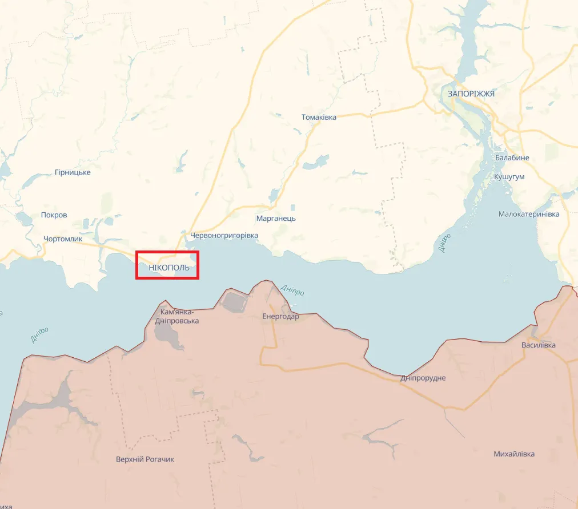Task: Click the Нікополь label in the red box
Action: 168,267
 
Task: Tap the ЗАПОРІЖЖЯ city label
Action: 471,94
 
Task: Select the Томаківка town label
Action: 319,117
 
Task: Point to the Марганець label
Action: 276,219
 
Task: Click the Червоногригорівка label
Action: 224,235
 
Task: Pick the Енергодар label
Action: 280,316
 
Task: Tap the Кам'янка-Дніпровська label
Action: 177,316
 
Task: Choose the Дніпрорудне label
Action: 423,378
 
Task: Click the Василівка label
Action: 538,345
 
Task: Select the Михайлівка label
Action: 514,454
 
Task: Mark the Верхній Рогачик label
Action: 145,459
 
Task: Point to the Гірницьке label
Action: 73,172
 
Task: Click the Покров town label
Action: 54,215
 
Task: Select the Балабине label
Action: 512,157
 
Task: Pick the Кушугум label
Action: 509,177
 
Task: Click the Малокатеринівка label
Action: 529,214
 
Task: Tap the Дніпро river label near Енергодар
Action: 294,289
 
